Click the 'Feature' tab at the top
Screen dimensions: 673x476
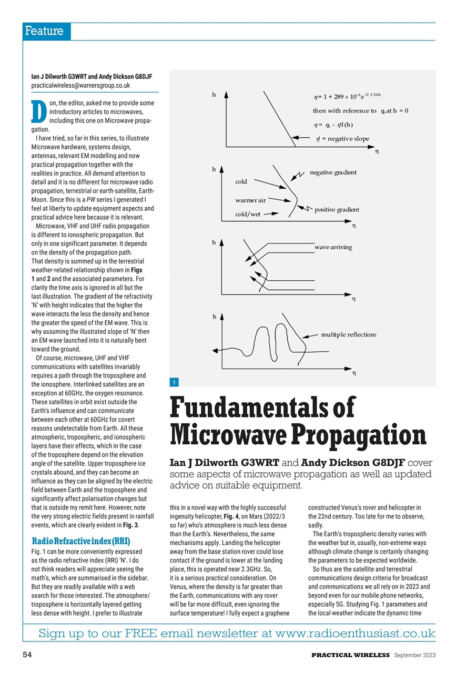coord(44,32)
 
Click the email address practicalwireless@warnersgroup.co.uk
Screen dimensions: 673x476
coord(80,85)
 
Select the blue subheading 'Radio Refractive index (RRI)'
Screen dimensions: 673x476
coord(80,541)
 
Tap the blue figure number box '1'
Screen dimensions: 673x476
coord(174,382)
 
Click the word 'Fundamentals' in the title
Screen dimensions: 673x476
coord(262,409)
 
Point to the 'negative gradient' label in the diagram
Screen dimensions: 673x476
coord(333,172)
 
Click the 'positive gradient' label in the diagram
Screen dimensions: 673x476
coord(337,210)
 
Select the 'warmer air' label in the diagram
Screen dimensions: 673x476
coord(250,200)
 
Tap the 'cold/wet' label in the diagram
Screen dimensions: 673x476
coord(247,214)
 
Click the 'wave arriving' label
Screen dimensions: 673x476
coord(333,247)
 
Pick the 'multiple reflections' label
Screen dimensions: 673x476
coord(348,334)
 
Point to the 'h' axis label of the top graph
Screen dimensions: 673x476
coord(214,95)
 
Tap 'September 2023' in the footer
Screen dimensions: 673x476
coord(414,655)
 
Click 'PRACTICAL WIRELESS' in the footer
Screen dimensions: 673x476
coord(350,655)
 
